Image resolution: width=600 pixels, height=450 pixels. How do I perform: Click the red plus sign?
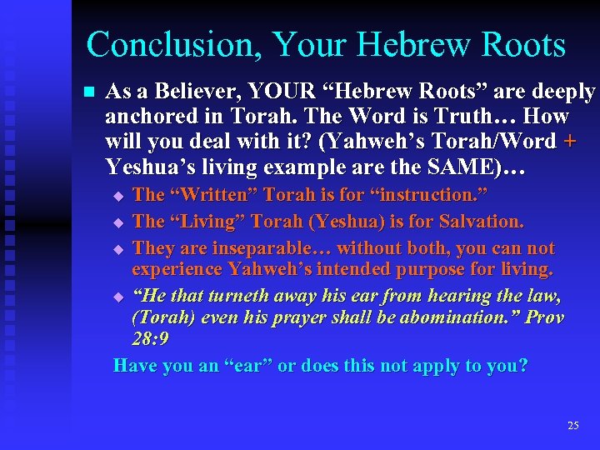[570, 142]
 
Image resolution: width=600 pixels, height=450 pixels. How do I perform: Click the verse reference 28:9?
[151, 339]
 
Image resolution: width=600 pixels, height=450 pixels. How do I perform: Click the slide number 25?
[572, 425]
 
